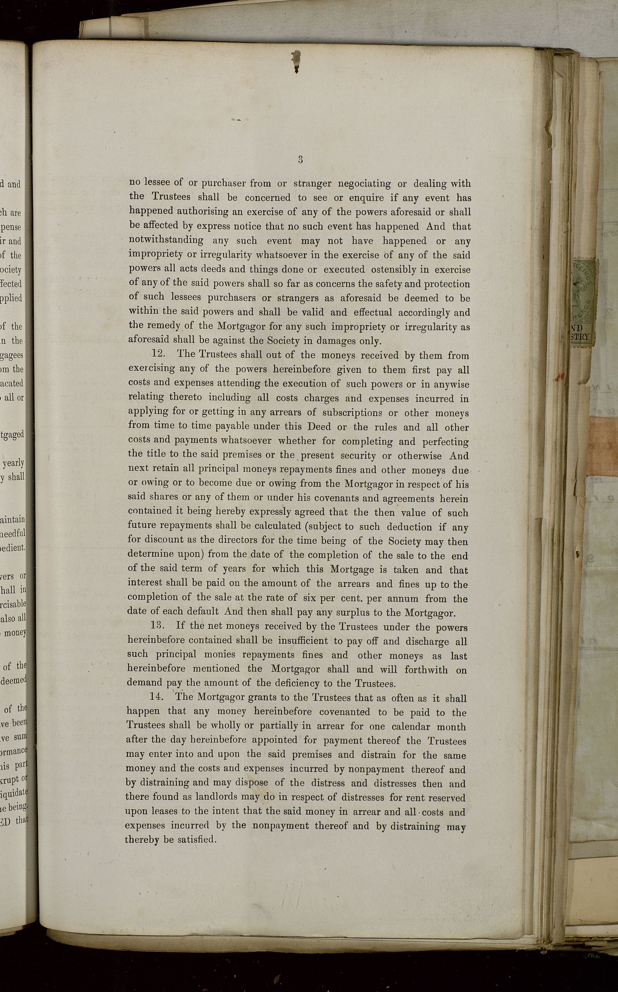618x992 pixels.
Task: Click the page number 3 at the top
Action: click(300, 159)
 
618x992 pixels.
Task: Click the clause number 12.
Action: click(158, 354)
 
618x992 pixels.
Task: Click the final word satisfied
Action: click(197, 840)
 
